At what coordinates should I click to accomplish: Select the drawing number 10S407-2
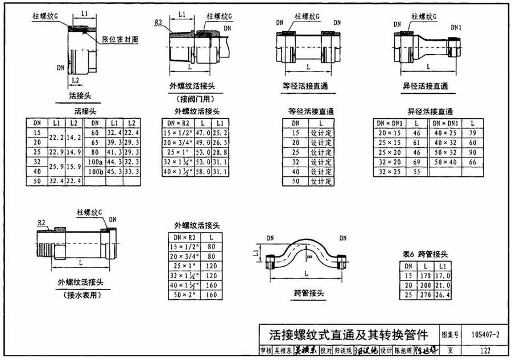(x=485, y=334)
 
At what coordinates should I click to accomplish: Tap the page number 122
(x=485, y=351)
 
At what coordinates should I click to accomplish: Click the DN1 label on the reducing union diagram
(x=456, y=27)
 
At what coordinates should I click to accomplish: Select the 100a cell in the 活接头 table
(x=95, y=162)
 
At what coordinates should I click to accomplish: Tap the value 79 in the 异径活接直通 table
(x=472, y=133)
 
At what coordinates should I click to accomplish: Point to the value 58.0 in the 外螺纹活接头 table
(x=202, y=171)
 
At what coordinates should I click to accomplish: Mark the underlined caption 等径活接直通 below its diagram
(x=308, y=87)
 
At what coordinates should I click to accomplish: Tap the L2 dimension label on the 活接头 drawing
(x=74, y=80)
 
